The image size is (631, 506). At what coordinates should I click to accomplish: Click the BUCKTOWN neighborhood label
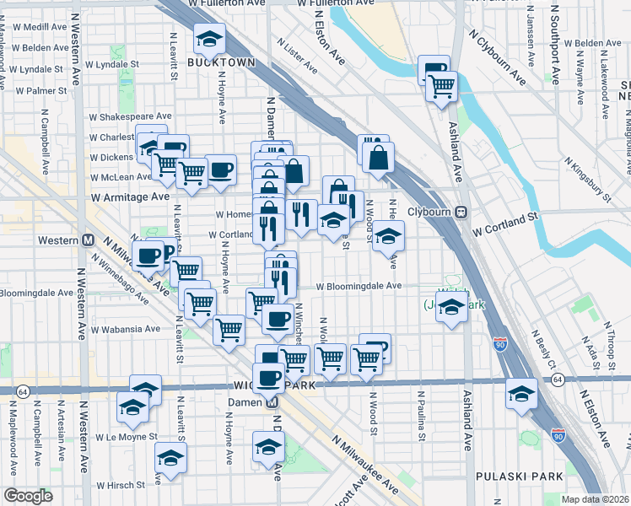point(210,63)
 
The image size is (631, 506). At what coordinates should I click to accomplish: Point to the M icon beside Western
point(88,240)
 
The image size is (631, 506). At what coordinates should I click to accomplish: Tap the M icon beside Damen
point(272,402)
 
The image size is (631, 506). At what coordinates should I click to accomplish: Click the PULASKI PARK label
point(519,476)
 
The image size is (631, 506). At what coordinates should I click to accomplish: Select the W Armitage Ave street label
point(131,196)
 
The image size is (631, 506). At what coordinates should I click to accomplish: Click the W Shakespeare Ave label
point(131,116)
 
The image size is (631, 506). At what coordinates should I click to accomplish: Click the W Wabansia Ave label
point(127,329)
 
